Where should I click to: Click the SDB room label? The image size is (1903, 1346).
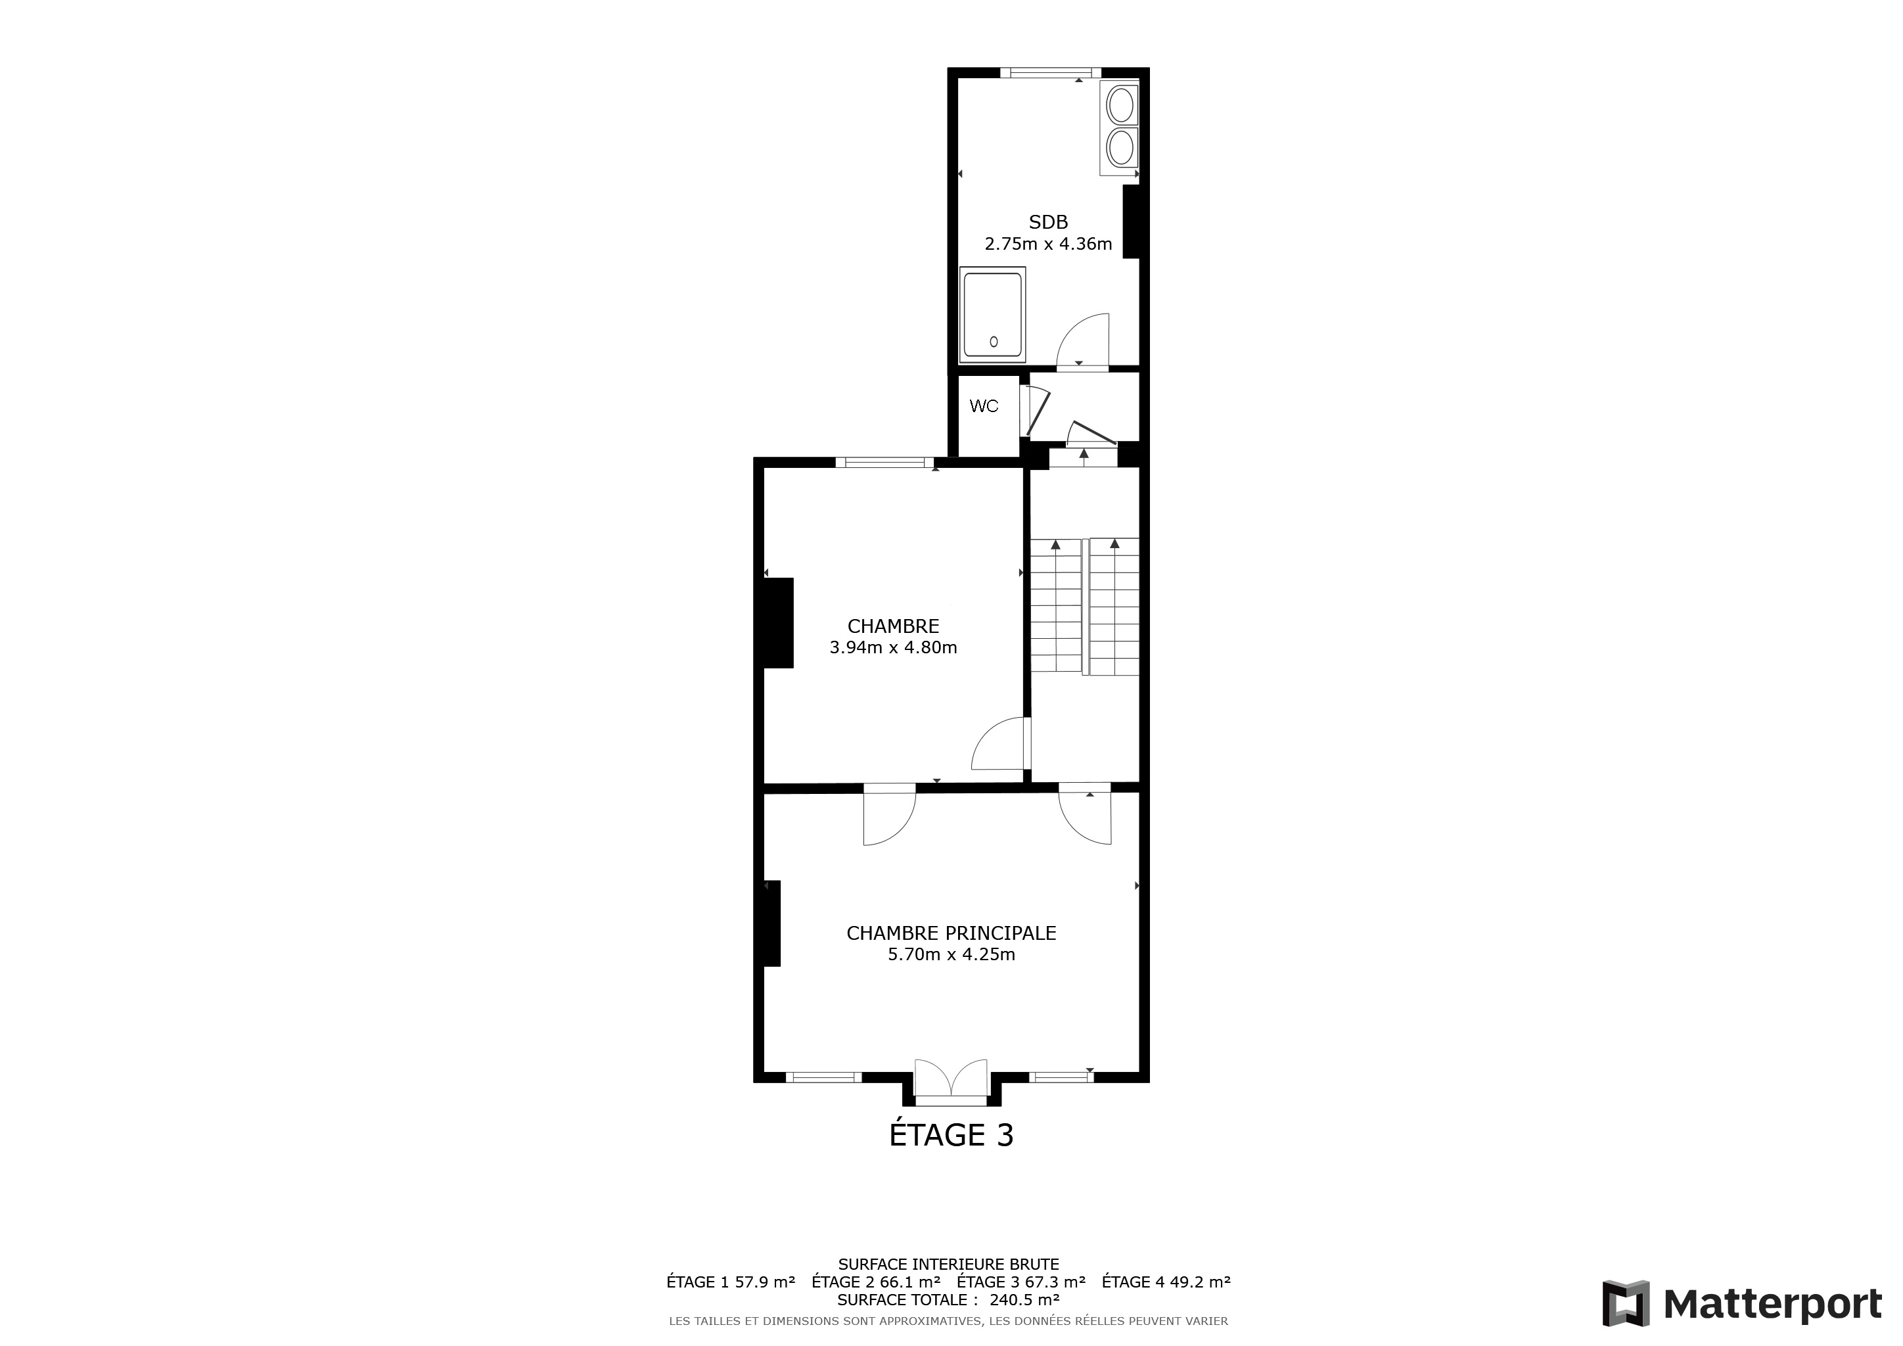pos(1049,222)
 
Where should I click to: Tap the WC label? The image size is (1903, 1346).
pos(984,406)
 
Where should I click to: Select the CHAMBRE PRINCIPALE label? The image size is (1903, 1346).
pos(951,933)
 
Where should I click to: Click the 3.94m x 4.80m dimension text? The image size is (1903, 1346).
pos(894,647)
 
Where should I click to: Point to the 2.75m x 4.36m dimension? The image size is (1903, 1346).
pos(1049,244)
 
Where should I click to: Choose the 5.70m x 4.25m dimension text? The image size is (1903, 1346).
pos(951,954)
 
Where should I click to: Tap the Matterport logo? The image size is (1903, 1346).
pos(1742,1304)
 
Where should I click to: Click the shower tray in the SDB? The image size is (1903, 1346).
pos(993,315)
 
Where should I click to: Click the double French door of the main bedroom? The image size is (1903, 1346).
pos(951,1082)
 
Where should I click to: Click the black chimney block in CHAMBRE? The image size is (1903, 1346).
pos(778,622)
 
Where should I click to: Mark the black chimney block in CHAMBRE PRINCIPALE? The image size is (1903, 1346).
pos(771,923)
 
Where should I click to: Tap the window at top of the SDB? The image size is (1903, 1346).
pos(1050,73)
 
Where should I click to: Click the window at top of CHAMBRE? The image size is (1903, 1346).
pos(885,463)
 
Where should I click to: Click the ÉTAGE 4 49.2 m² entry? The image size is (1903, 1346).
pos(1166,1282)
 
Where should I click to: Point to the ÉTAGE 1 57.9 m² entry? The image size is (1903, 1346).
pos(731,1282)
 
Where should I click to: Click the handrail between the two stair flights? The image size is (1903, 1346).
pos(1086,607)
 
